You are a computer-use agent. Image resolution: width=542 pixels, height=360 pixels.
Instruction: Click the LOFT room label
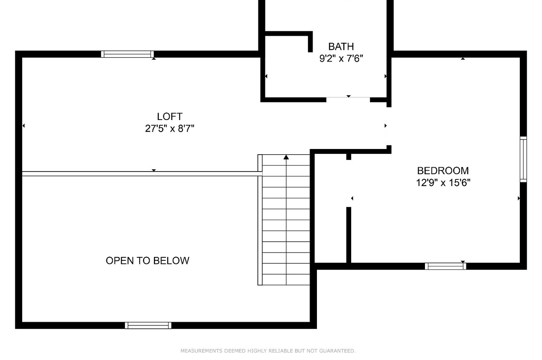tap(170, 117)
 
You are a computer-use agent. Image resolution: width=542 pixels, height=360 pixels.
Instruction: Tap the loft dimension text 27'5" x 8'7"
tap(170, 128)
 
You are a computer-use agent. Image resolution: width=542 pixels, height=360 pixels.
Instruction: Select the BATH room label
tap(341, 46)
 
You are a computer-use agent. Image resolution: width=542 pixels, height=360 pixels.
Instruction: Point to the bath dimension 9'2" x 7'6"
tap(341, 58)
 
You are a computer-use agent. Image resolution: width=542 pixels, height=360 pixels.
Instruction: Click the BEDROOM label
tap(443, 171)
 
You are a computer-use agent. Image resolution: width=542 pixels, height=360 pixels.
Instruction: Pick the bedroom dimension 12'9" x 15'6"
tap(443, 182)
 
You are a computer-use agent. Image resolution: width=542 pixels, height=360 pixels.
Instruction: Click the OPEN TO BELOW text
tap(147, 261)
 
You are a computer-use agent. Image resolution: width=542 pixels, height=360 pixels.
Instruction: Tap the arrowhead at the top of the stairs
tap(286, 157)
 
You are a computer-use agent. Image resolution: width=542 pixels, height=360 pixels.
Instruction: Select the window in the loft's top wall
tap(127, 54)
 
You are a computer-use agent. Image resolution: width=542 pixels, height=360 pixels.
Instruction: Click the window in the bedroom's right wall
tap(523, 159)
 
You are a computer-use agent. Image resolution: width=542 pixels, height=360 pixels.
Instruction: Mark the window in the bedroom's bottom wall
tap(445, 266)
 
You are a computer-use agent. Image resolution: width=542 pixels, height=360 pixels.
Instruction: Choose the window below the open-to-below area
tap(148, 325)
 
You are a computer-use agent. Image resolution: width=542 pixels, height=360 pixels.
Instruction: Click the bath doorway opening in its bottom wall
tap(348, 99)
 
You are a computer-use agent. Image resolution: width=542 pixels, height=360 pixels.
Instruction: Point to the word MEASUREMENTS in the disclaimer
tap(201, 351)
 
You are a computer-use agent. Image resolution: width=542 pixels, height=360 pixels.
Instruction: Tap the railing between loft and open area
tap(142, 174)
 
